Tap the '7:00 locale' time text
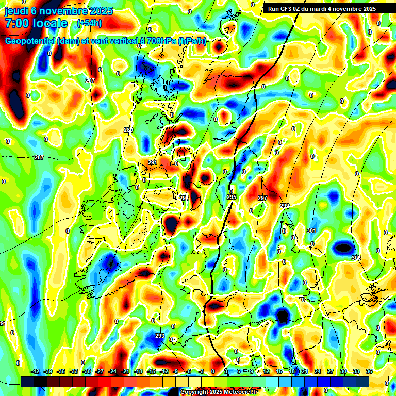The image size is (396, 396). [36, 23]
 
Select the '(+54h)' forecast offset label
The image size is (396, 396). [89, 23]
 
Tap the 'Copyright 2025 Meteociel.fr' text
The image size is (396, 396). [219, 392]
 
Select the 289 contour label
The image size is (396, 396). [128, 130]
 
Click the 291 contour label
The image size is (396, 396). [153, 163]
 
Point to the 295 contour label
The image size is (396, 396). [232, 197]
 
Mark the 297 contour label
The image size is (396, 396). [262, 199]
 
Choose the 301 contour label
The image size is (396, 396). [311, 230]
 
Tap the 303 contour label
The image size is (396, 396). [356, 257]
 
